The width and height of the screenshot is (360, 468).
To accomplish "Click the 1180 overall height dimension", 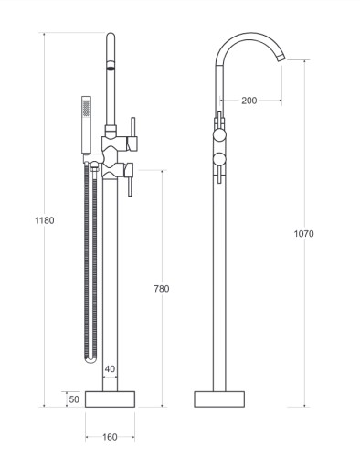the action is click(x=45, y=220).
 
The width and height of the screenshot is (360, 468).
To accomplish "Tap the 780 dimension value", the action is click(x=162, y=289).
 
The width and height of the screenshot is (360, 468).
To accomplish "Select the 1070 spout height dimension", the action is click(x=303, y=234).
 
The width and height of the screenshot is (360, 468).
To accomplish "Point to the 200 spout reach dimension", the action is click(x=249, y=101).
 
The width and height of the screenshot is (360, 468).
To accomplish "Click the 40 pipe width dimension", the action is click(x=110, y=369).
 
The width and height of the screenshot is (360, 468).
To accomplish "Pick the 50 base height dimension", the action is click(x=74, y=399).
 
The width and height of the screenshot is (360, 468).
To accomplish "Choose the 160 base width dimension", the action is click(x=110, y=437).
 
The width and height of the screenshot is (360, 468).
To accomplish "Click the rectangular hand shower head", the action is click(x=86, y=124).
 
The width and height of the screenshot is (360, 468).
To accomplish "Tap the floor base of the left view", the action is click(x=110, y=399).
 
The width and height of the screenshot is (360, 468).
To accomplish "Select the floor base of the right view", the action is click(x=219, y=399).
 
